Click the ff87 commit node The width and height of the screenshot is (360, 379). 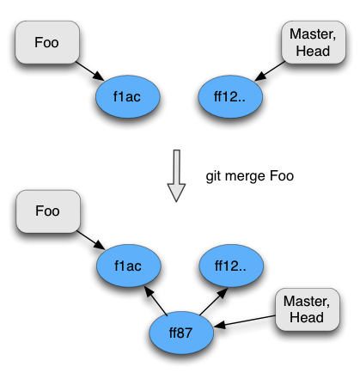181,333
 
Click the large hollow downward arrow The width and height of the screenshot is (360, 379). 176,176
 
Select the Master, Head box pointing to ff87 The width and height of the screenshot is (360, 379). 308,309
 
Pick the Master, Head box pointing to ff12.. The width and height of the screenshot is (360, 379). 314,42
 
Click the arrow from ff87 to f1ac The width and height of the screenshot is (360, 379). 156,301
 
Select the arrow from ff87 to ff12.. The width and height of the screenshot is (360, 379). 214,302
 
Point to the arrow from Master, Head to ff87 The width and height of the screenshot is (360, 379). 245,321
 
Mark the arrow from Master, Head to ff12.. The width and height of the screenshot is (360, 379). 270,70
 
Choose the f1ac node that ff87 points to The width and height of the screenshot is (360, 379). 129,266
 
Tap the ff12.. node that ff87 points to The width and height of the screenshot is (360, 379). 231,266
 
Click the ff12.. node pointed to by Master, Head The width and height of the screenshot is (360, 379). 230,97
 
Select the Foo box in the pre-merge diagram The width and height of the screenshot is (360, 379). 47,42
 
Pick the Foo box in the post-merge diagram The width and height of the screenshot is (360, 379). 48,211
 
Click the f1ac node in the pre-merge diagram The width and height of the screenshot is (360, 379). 128,97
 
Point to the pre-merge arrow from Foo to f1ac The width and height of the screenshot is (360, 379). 90,71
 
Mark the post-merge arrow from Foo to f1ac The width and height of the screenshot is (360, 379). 91,240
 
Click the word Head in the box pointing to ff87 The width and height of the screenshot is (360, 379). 307,317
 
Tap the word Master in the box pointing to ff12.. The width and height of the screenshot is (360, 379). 313,34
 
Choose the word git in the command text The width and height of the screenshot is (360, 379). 214,176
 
